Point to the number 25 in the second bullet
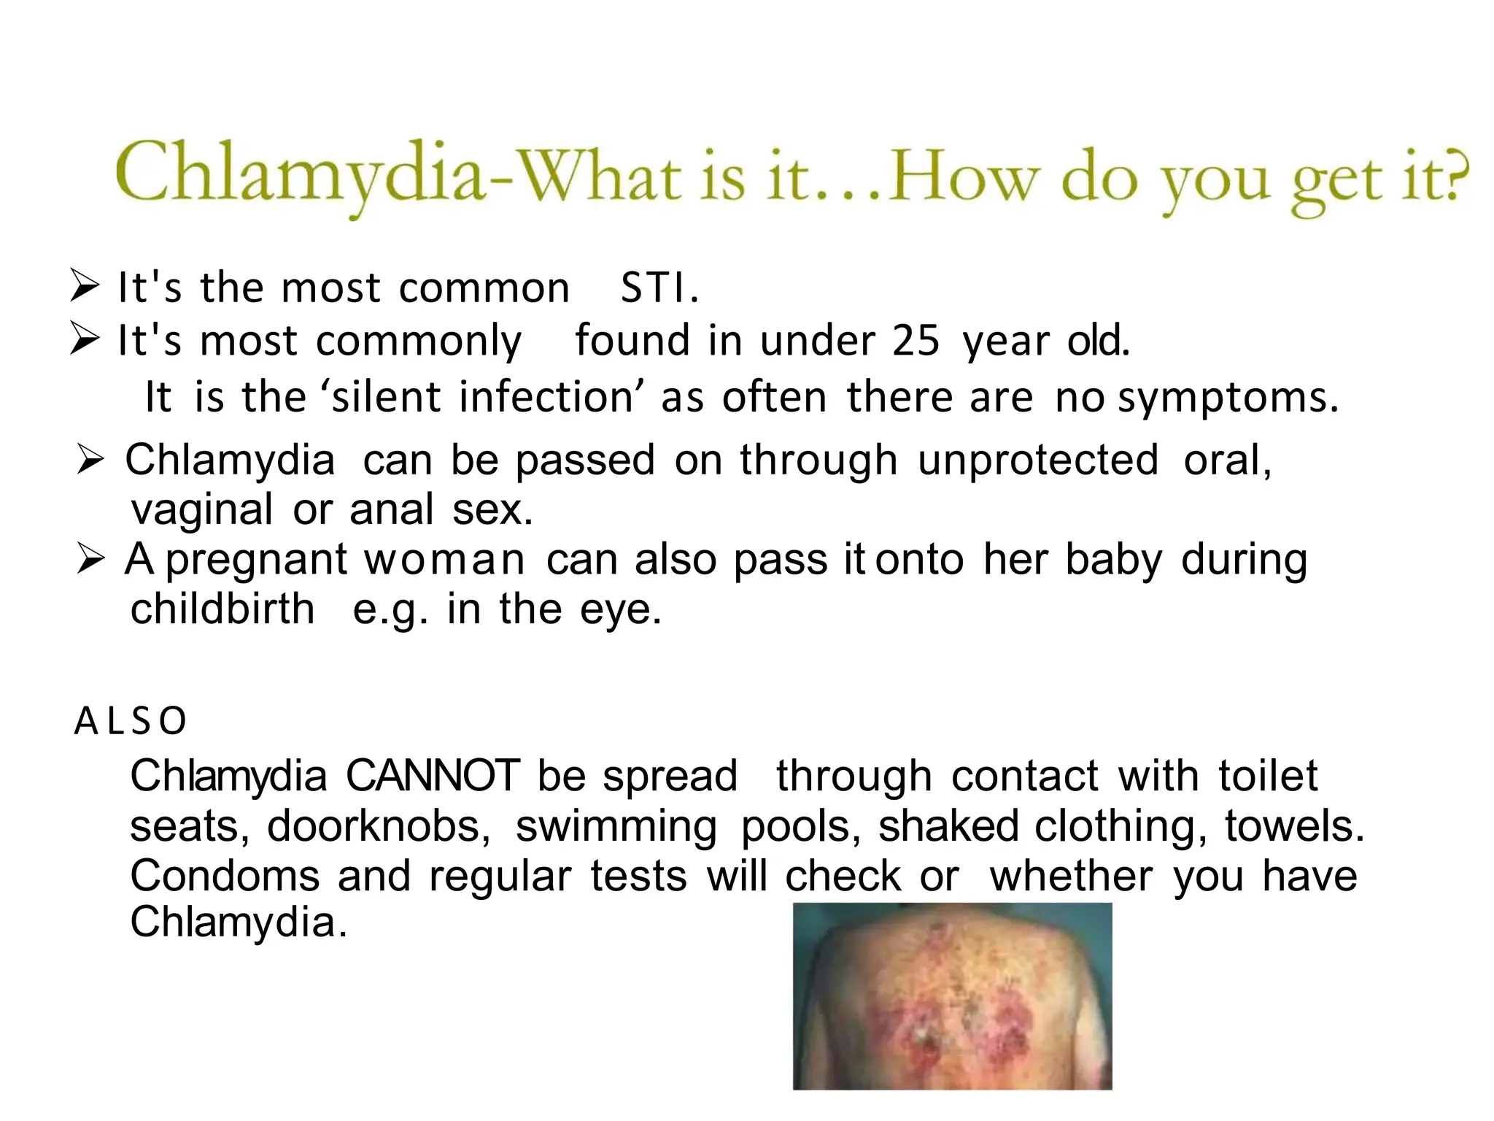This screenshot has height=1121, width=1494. (916, 341)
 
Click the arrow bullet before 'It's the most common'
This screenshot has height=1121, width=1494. (85, 285)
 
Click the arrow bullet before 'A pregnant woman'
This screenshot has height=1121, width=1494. (91, 560)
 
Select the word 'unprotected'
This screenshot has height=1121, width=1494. (1038, 461)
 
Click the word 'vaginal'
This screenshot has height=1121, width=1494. (202, 510)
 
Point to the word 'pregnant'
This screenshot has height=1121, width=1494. (257, 560)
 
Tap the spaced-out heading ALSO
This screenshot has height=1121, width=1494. (131, 721)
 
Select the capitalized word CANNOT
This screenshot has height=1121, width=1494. (433, 776)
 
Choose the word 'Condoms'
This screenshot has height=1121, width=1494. (225, 876)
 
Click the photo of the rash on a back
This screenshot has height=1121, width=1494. (952, 996)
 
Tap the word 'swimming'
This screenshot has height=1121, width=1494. (616, 826)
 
